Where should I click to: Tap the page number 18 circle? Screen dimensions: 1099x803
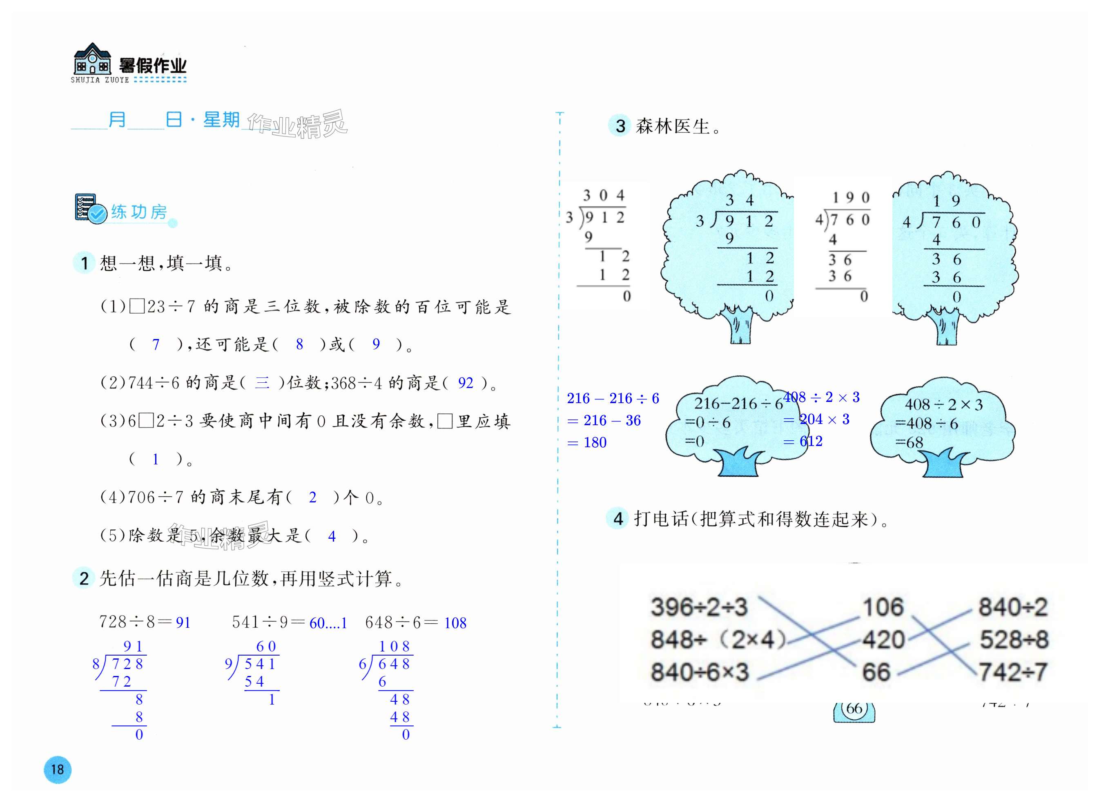(57, 770)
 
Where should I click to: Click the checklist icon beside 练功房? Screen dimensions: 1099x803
(90, 209)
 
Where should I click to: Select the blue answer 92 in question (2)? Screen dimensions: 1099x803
(465, 383)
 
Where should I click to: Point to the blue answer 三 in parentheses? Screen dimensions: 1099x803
(262, 383)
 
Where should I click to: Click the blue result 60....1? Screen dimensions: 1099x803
(328, 622)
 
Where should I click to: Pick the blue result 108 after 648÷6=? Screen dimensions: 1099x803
(455, 622)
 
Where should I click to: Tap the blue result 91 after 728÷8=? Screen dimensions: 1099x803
(183, 622)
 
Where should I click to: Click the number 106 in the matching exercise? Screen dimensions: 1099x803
(883, 607)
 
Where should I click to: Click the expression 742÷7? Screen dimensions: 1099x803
(1013, 672)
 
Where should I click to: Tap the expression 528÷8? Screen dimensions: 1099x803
(1014, 640)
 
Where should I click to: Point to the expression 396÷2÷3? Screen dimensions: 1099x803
(699, 607)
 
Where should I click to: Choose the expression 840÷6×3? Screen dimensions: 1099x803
(700, 672)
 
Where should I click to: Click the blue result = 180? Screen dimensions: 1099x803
(587, 442)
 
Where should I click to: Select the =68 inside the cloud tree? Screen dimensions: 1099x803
(909, 442)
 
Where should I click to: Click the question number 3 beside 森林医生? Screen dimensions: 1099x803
(620, 126)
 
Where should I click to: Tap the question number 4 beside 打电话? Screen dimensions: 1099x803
(618, 519)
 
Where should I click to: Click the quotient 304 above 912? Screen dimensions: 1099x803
(603, 195)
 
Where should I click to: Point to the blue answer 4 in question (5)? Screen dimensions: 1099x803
(332, 536)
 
